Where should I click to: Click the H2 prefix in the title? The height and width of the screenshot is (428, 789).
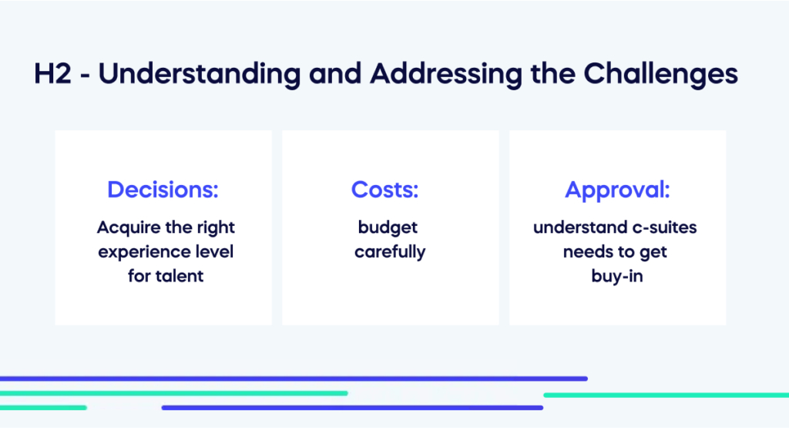coord(53,73)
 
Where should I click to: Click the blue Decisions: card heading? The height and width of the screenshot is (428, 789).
coord(163,190)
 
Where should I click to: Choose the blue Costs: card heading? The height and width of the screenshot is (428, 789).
coord(385,190)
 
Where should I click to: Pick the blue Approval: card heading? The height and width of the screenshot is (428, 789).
coord(617,190)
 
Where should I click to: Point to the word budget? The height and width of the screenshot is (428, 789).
coord(388,227)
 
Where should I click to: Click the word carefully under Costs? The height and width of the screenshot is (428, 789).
coord(390,252)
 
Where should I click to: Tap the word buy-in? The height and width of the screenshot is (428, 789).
coord(617,276)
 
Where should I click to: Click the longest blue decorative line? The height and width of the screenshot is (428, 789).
coord(294,379)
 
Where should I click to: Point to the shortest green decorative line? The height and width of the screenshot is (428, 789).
coord(43,408)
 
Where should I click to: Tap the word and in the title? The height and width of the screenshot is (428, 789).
coord(335,73)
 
